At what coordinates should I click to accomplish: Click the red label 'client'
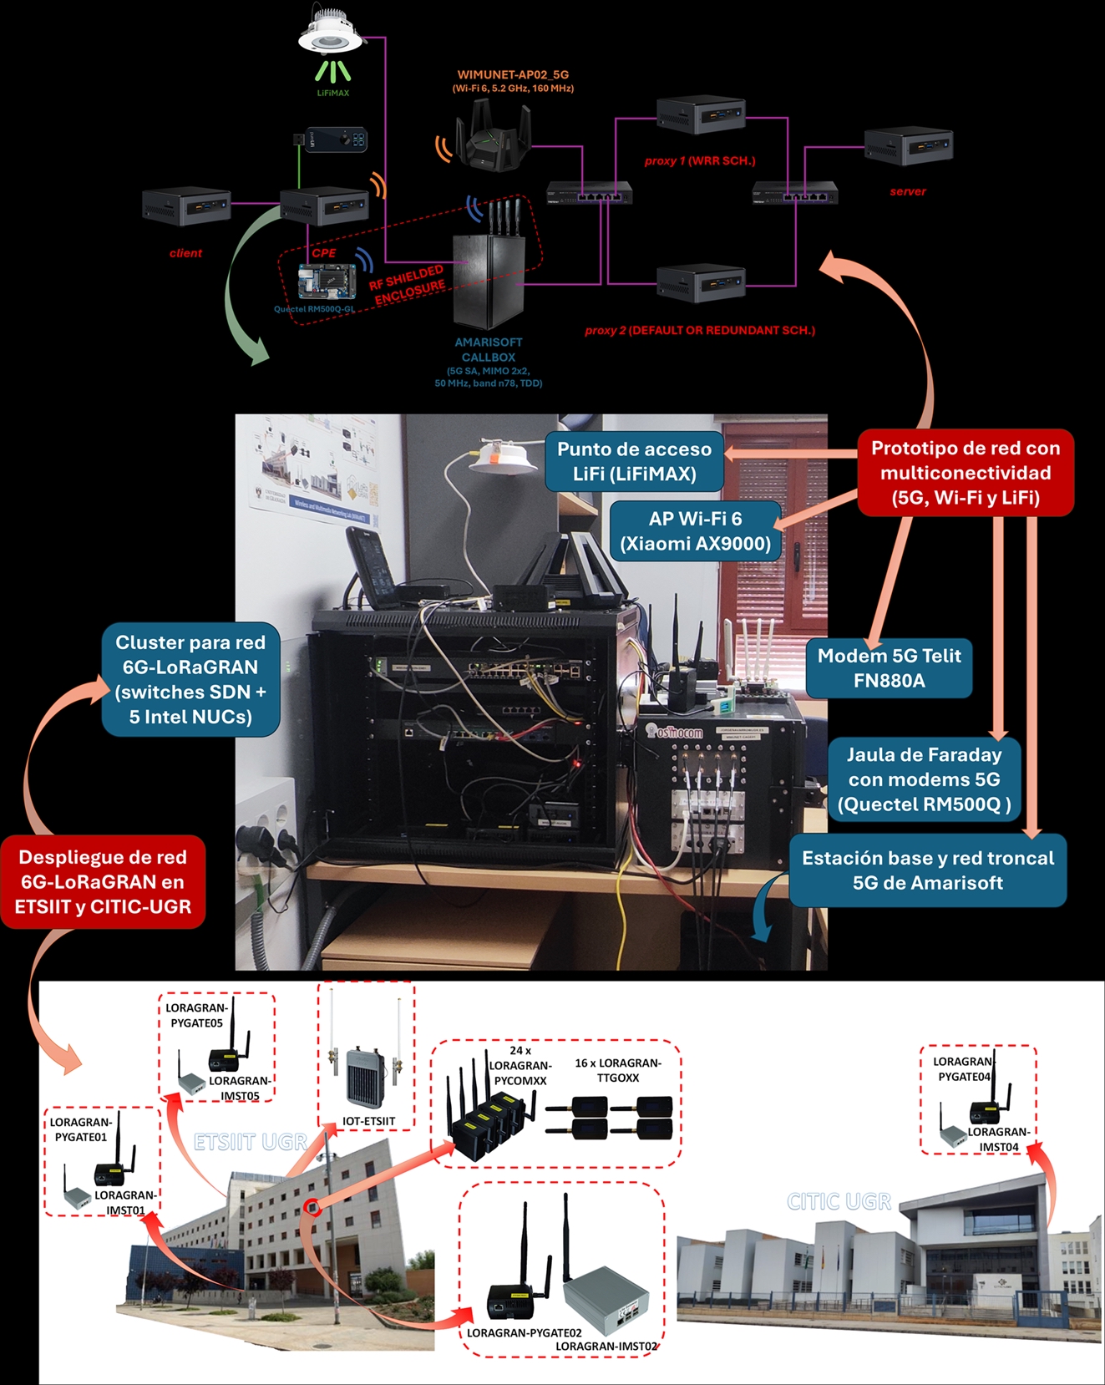click(x=185, y=253)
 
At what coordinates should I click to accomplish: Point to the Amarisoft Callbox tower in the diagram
click(x=488, y=281)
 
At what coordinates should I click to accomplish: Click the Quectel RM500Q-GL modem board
click(x=327, y=281)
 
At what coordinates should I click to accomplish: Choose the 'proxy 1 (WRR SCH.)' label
click(x=700, y=160)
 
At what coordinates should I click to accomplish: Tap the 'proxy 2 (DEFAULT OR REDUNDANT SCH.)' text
click(x=700, y=330)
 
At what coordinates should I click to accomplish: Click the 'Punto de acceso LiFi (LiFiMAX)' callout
click(x=634, y=461)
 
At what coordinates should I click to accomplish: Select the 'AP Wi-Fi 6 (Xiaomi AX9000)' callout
click(x=695, y=530)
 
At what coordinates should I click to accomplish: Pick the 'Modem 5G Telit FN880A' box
click(x=889, y=667)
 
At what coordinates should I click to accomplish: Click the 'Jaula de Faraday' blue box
click(x=924, y=779)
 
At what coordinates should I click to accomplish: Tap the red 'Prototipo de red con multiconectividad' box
click(x=966, y=473)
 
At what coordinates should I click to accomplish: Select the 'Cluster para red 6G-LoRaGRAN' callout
click(x=190, y=679)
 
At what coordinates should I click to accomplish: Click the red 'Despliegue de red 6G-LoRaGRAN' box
click(x=103, y=881)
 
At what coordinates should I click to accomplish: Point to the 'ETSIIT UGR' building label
click(x=251, y=1142)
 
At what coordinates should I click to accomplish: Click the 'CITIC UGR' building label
click(x=839, y=1201)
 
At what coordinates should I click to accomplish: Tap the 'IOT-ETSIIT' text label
click(x=368, y=1121)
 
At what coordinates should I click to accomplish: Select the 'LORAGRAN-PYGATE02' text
click(x=524, y=1332)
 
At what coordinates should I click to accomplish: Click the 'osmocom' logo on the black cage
click(x=677, y=733)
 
